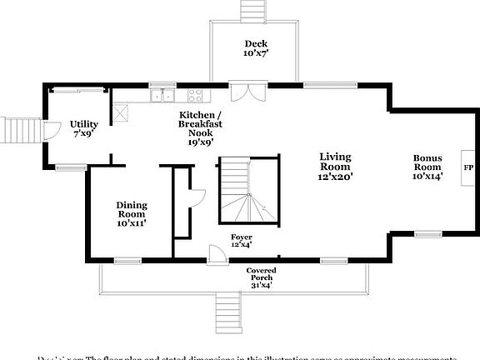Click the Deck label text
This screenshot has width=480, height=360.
coord(255,48)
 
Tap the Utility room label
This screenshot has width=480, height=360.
coord(84,128)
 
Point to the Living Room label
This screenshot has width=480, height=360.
coord(335,166)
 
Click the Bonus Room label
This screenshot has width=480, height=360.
coord(431,166)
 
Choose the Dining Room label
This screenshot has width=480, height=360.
coord(131,214)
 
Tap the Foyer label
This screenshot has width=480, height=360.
coord(241,241)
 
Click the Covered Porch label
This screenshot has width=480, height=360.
coord(261,277)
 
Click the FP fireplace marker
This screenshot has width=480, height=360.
coord(469,167)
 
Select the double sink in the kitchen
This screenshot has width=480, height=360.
coord(162,95)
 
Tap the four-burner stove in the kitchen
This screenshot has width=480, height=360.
coord(197,95)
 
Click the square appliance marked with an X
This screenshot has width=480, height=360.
coord(121,109)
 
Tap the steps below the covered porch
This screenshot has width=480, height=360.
coord(227,312)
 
